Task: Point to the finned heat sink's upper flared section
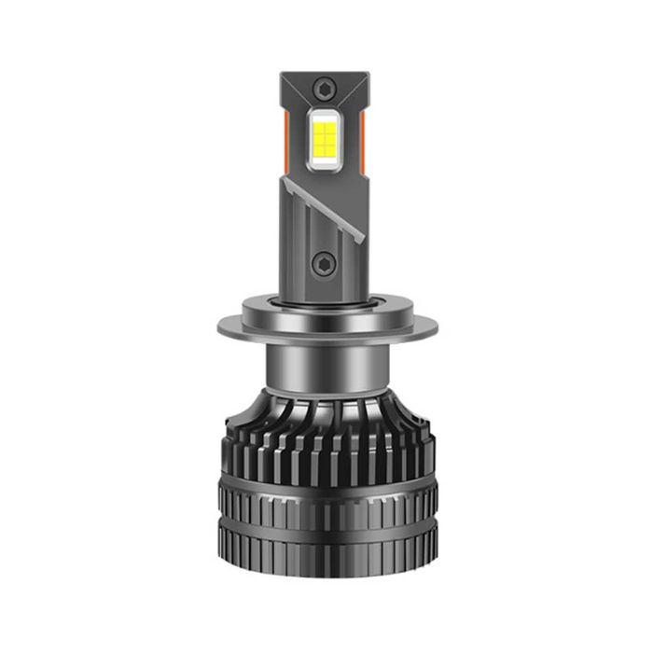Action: (326, 429)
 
